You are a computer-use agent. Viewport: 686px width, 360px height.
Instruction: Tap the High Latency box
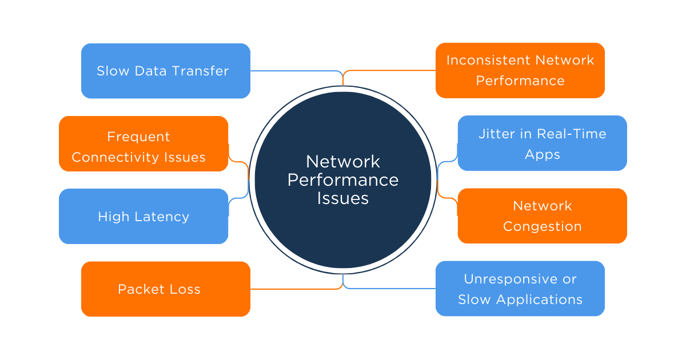point(143,217)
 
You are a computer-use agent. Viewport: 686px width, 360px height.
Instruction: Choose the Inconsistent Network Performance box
point(520,70)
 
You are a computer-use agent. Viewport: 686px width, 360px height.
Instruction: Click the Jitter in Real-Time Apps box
point(542,143)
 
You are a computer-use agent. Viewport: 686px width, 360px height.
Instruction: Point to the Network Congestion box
point(542,216)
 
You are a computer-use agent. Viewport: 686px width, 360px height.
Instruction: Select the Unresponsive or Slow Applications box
point(520,289)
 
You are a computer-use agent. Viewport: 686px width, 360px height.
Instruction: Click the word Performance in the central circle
point(342,180)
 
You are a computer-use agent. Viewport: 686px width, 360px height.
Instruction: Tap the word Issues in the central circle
point(342,198)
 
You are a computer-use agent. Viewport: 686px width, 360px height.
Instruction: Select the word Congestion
point(542,226)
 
